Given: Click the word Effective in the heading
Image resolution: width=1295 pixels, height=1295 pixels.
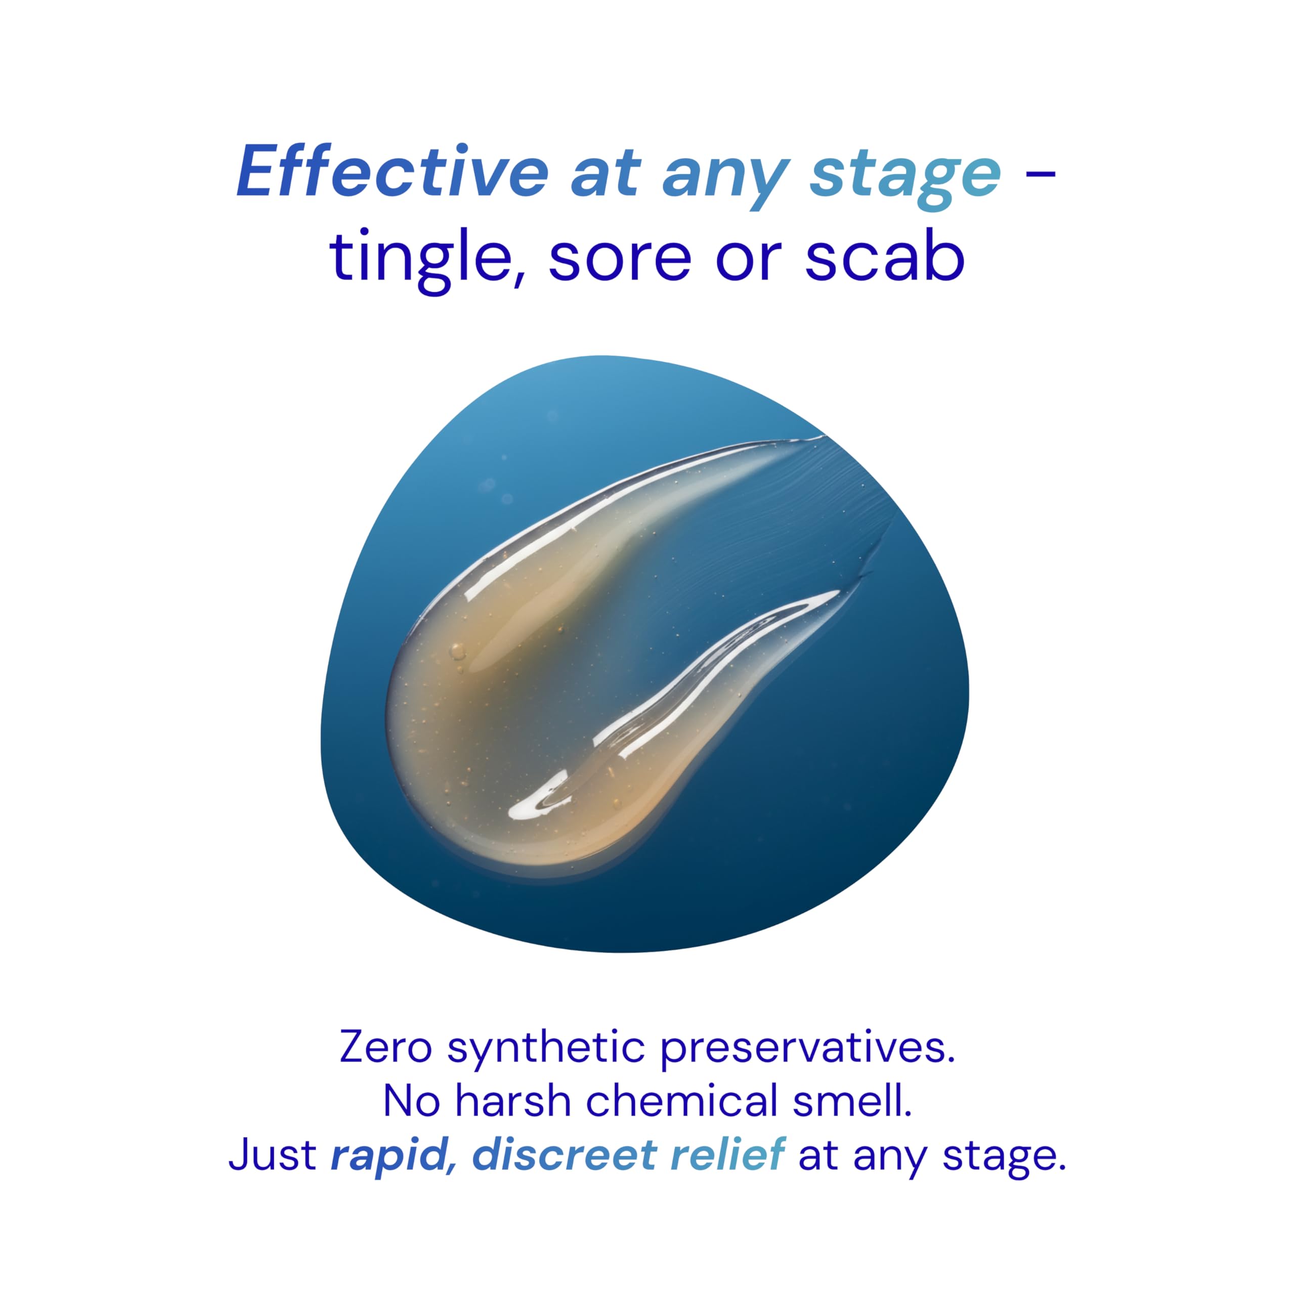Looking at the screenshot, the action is click(393, 171).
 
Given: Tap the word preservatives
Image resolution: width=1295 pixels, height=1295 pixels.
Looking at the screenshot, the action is click(808, 1049).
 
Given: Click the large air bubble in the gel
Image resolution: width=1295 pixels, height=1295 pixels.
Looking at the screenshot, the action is click(458, 650).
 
